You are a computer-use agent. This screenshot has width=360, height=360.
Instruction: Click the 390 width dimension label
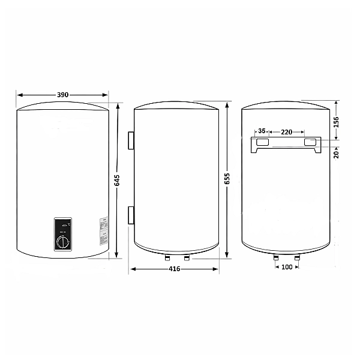click(62, 95)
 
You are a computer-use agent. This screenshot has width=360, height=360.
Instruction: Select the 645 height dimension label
click(118, 180)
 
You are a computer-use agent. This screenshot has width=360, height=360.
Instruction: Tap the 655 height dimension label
click(227, 180)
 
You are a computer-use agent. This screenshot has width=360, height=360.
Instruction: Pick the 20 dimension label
click(336, 154)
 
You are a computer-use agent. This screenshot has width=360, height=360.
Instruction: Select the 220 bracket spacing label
click(287, 131)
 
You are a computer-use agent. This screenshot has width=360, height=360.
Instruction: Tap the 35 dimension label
click(262, 131)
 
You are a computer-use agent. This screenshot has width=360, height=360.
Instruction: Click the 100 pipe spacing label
click(286, 266)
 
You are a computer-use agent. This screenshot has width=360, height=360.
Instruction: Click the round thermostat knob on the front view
click(64, 242)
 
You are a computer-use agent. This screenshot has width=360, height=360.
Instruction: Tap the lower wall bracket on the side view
click(130, 214)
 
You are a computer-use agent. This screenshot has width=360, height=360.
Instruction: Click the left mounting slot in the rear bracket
click(262, 142)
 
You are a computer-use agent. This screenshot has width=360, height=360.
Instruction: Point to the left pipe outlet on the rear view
click(275, 258)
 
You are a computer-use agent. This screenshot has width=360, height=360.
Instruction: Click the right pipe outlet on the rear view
click(297, 258)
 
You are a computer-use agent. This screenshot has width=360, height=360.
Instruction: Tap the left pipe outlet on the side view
click(166, 258)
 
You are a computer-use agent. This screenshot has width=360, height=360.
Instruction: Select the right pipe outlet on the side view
click(187, 258)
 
